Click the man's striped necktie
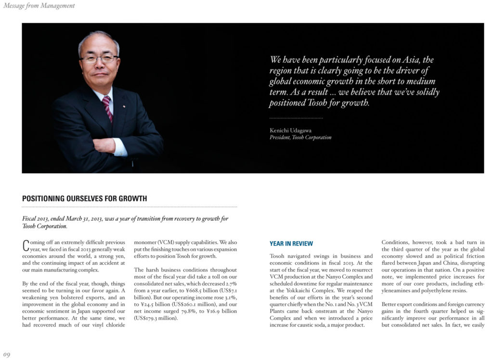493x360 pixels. click(107, 108)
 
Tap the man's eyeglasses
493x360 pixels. click(99, 59)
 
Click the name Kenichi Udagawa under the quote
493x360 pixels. click(290, 130)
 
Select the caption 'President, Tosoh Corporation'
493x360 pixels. click(300, 137)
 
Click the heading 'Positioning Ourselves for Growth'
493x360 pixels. click(85, 198)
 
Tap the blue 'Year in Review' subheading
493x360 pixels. click(291, 244)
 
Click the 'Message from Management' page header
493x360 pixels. click(39, 6)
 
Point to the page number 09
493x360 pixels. click(7, 355)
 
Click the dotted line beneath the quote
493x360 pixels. click(296, 118)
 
